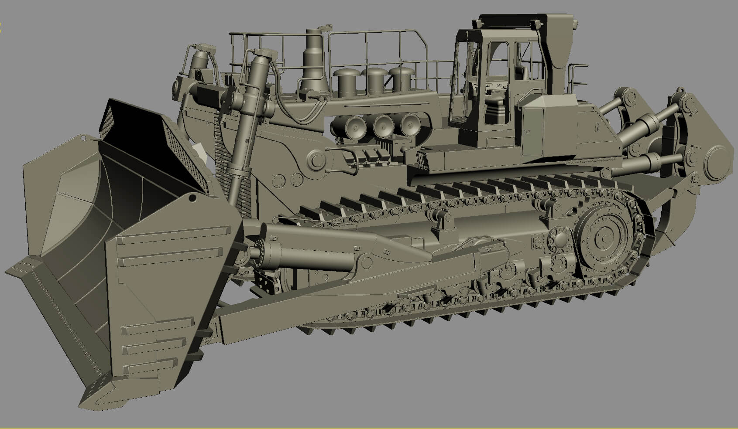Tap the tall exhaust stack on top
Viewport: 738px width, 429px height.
tap(313, 59)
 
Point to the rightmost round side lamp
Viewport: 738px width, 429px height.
tap(409, 123)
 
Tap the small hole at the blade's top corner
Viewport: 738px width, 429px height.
tap(192, 198)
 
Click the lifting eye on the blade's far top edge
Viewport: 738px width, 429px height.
tap(82, 138)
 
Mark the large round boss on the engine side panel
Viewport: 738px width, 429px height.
tap(317, 160)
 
